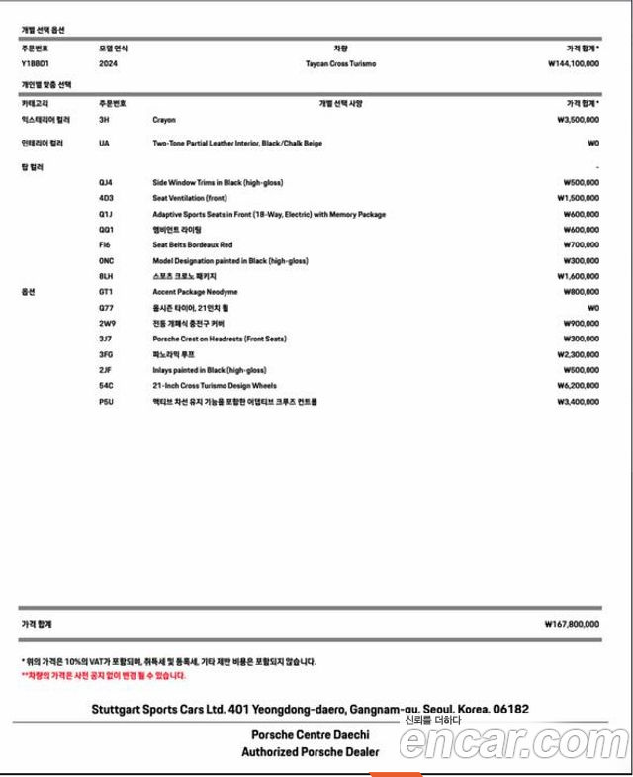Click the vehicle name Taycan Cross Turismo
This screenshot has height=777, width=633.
341,63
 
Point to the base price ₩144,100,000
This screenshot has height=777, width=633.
573,63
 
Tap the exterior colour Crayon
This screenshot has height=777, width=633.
164,119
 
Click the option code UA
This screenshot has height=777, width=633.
104,143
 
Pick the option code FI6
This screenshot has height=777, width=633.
105,244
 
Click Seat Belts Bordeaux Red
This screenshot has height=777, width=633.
193,244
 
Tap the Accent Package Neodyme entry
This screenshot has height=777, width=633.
195,292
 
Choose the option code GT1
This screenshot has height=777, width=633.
106,292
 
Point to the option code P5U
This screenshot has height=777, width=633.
106,402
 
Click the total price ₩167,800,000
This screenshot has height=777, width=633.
572,625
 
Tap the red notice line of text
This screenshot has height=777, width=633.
104,676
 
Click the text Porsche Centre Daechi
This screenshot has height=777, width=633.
311,735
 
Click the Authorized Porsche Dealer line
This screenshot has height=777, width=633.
310,752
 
